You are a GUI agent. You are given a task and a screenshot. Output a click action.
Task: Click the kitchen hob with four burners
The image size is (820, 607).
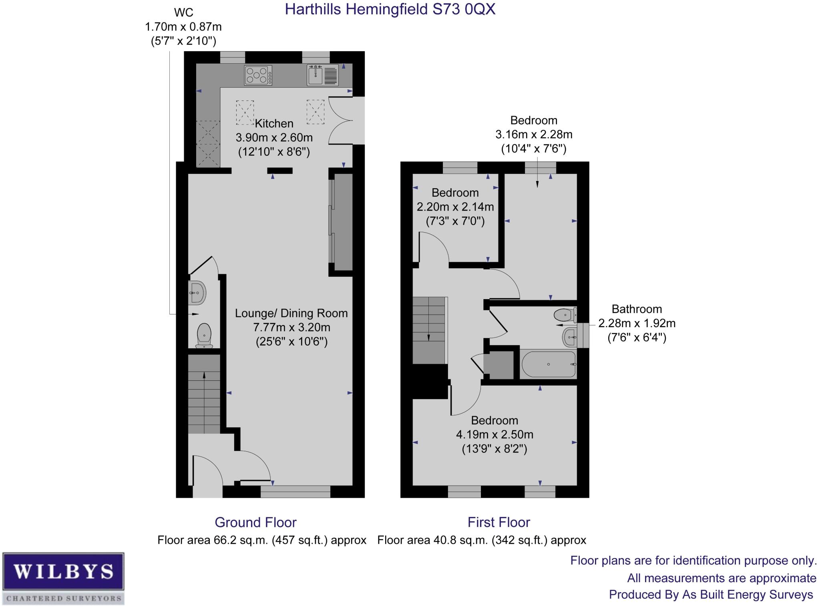[x=258, y=75]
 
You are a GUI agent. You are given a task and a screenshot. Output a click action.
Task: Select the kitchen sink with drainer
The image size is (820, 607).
[x=323, y=75]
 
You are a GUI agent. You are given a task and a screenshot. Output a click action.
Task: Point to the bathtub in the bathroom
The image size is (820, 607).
[x=549, y=364]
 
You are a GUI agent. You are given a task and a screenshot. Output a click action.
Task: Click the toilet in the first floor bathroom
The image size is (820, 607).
[x=565, y=315]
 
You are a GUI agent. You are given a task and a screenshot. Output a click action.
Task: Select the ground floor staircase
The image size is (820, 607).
[x=204, y=394]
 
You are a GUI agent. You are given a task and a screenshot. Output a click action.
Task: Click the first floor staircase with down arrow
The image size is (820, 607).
[x=429, y=330]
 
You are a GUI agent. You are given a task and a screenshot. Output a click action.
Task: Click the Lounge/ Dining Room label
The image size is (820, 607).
[x=291, y=313]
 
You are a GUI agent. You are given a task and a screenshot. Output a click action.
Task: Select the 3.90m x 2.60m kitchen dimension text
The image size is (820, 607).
[x=274, y=138]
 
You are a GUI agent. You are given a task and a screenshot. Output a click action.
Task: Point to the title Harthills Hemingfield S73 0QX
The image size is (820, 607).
[x=390, y=9]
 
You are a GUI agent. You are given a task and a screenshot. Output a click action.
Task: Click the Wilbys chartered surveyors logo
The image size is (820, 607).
[x=63, y=578]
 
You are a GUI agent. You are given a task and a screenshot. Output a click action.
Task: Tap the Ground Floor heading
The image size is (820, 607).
[x=255, y=523]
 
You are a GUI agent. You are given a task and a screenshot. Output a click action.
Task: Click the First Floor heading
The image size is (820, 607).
[x=498, y=523]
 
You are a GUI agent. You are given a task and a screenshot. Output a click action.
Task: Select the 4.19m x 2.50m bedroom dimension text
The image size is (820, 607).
[x=494, y=434]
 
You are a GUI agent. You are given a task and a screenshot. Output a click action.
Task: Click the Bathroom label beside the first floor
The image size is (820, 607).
[x=637, y=309]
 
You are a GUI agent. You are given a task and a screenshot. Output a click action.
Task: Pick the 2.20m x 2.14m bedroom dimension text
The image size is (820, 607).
[x=455, y=207]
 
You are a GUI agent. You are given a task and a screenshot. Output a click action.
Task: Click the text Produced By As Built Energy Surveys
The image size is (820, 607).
[x=711, y=595]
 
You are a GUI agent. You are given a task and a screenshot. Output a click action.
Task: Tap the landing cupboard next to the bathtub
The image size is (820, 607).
[x=499, y=365]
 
